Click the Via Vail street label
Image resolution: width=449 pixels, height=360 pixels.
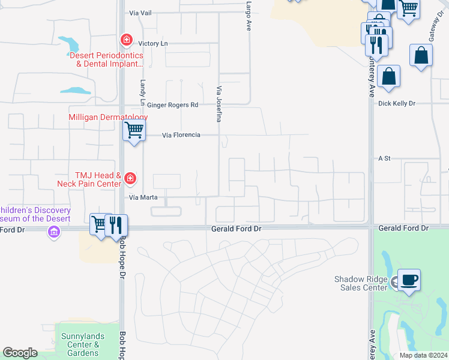142,13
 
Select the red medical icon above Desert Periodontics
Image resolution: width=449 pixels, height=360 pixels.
126,40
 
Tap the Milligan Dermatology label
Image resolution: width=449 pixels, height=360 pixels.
108,118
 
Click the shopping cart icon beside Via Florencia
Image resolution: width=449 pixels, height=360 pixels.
134,129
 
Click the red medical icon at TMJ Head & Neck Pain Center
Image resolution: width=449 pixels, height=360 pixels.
130,178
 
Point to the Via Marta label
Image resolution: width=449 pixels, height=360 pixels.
143,197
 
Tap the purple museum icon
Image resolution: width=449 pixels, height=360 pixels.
54,232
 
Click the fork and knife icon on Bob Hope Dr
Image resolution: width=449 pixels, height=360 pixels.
116,225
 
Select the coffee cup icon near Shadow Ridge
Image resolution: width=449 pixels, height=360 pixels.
409,280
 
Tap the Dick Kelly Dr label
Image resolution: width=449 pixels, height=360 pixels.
397,103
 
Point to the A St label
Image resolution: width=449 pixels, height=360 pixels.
384,158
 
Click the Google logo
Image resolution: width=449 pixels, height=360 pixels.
20,353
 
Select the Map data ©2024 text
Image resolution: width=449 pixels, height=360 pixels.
423,355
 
